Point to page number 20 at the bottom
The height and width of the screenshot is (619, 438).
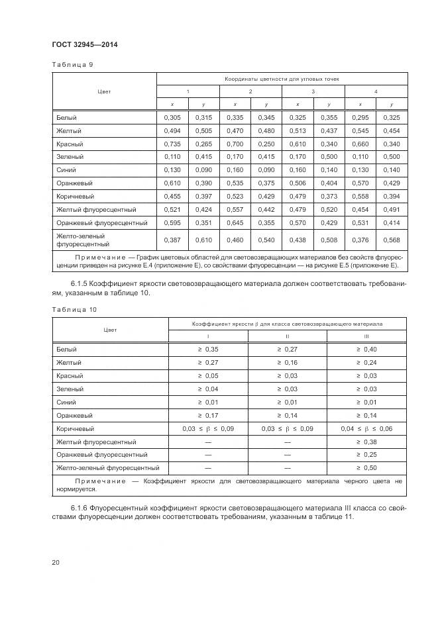pyautogui.click(x=56, y=562)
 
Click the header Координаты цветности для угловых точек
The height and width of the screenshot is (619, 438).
pyautogui.click(x=282, y=79)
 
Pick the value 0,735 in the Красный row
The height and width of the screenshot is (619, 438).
pyautogui.click(x=172, y=144)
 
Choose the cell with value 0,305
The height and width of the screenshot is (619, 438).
pyautogui.click(x=172, y=117)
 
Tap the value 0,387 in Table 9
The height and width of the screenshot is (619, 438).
pyautogui.click(x=172, y=240)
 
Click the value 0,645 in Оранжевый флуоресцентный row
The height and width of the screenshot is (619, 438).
pyautogui.click(x=235, y=222)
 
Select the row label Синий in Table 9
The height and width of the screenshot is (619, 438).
pyautogui.click(x=66, y=169)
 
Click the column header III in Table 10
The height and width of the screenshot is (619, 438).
pyautogui.click(x=366, y=336)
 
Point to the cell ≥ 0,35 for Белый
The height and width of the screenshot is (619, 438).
pyautogui.click(x=209, y=349)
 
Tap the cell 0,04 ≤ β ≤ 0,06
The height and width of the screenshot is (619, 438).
pyautogui.click(x=366, y=429)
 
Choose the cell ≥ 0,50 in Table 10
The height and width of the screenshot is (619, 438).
pyautogui.click(x=366, y=468)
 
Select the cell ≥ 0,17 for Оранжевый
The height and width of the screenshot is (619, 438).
pyautogui.click(x=209, y=416)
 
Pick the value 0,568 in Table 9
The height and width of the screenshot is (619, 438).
pyautogui.click(x=391, y=240)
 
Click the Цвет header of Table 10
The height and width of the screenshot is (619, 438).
pyautogui.click(x=110, y=330)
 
